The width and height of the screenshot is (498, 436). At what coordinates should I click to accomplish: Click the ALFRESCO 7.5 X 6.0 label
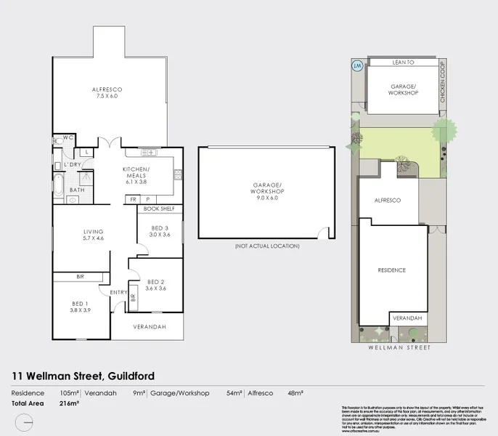click(x=107, y=93)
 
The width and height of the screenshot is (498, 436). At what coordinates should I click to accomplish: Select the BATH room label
click(x=77, y=190)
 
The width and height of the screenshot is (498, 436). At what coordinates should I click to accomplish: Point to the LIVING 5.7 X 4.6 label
click(x=94, y=235)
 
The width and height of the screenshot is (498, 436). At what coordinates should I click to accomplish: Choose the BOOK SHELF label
click(x=160, y=209)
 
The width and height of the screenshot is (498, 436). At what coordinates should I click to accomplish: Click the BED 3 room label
click(x=159, y=231)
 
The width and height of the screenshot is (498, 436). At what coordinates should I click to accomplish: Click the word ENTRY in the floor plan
click(x=118, y=292)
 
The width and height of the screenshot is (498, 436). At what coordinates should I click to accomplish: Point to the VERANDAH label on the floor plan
click(x=150, y=327)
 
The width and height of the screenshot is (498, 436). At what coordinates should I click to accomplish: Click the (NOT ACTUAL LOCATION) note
click(x=266, y=246)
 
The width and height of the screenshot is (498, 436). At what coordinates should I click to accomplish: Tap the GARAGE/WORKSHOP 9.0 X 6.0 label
click(x=266, y=192)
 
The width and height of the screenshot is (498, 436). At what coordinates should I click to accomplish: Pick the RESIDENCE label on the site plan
click(x=392, y=270)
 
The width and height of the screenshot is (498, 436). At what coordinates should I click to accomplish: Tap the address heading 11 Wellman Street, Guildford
click(x=83, y=376)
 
